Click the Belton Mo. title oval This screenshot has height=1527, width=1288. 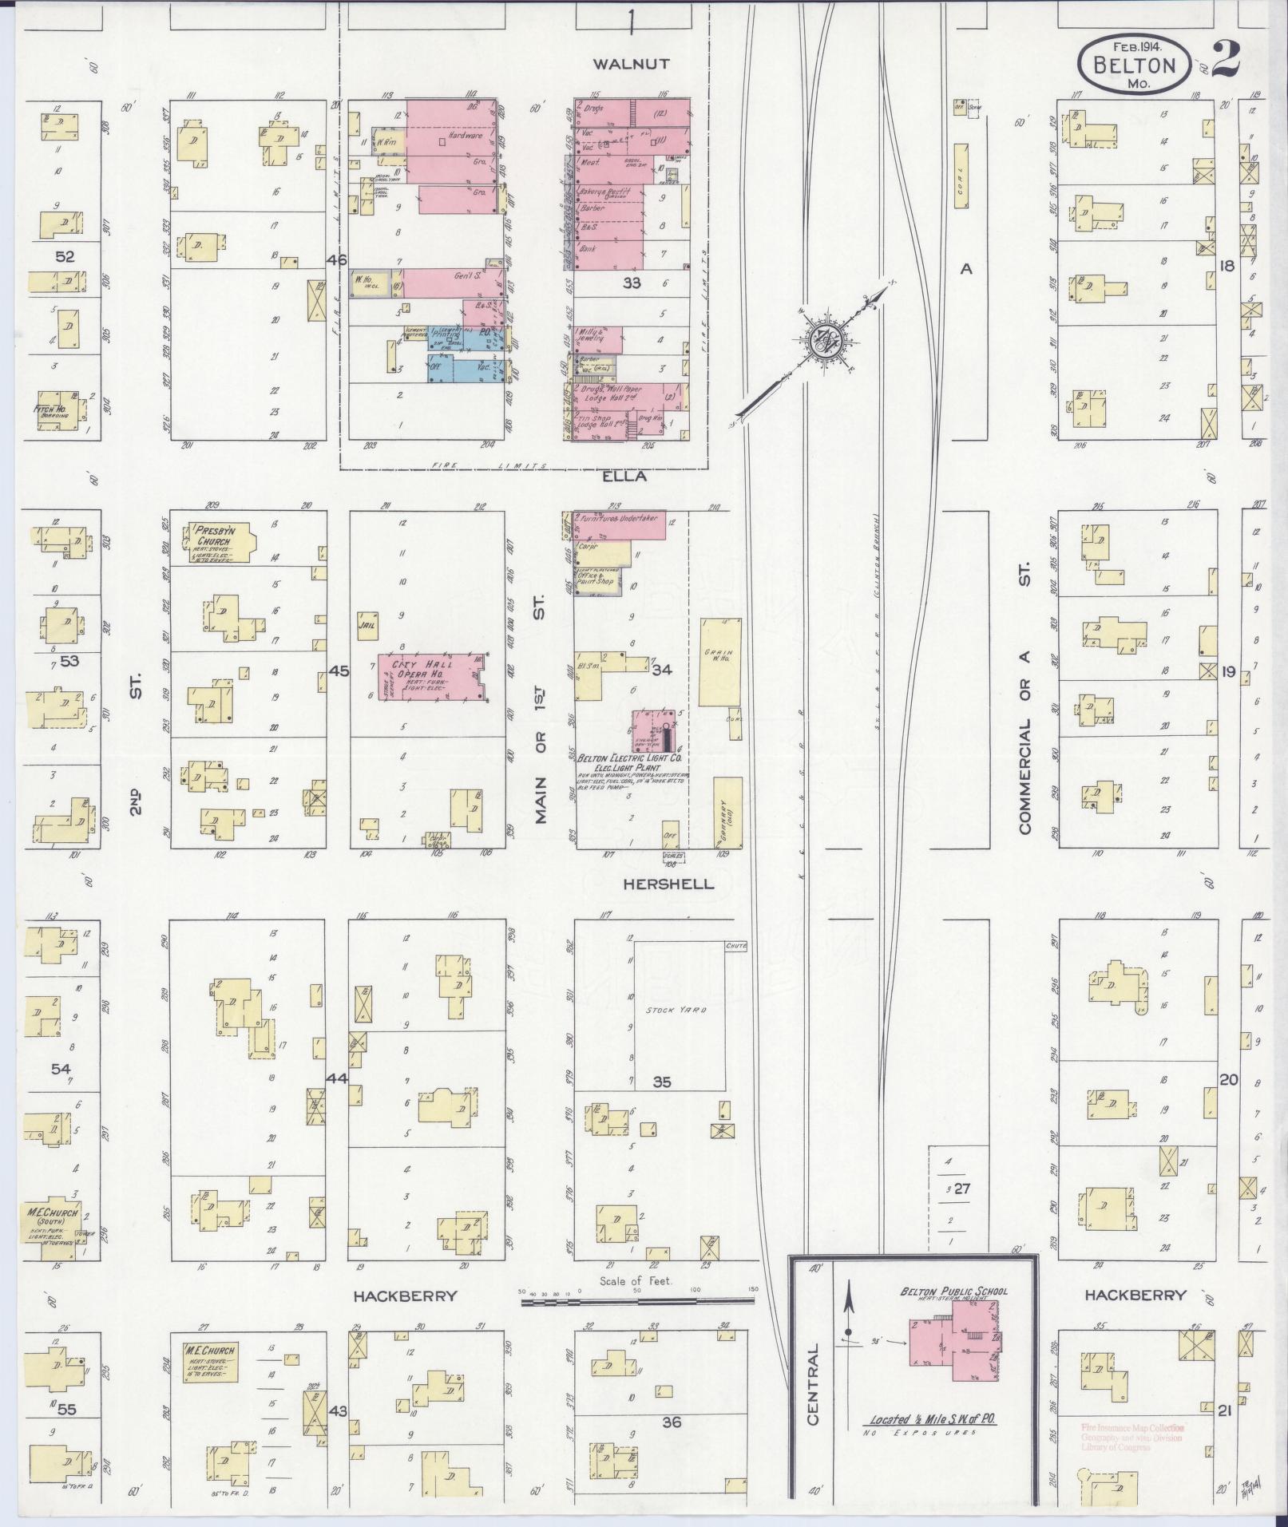tap(1134, 68)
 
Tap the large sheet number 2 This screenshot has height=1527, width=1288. tap(1227, 58)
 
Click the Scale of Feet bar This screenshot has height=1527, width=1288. tap(637, 1301)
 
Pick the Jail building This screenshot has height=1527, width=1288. tap(368, 624)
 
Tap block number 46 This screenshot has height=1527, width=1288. tap(337, 260)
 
